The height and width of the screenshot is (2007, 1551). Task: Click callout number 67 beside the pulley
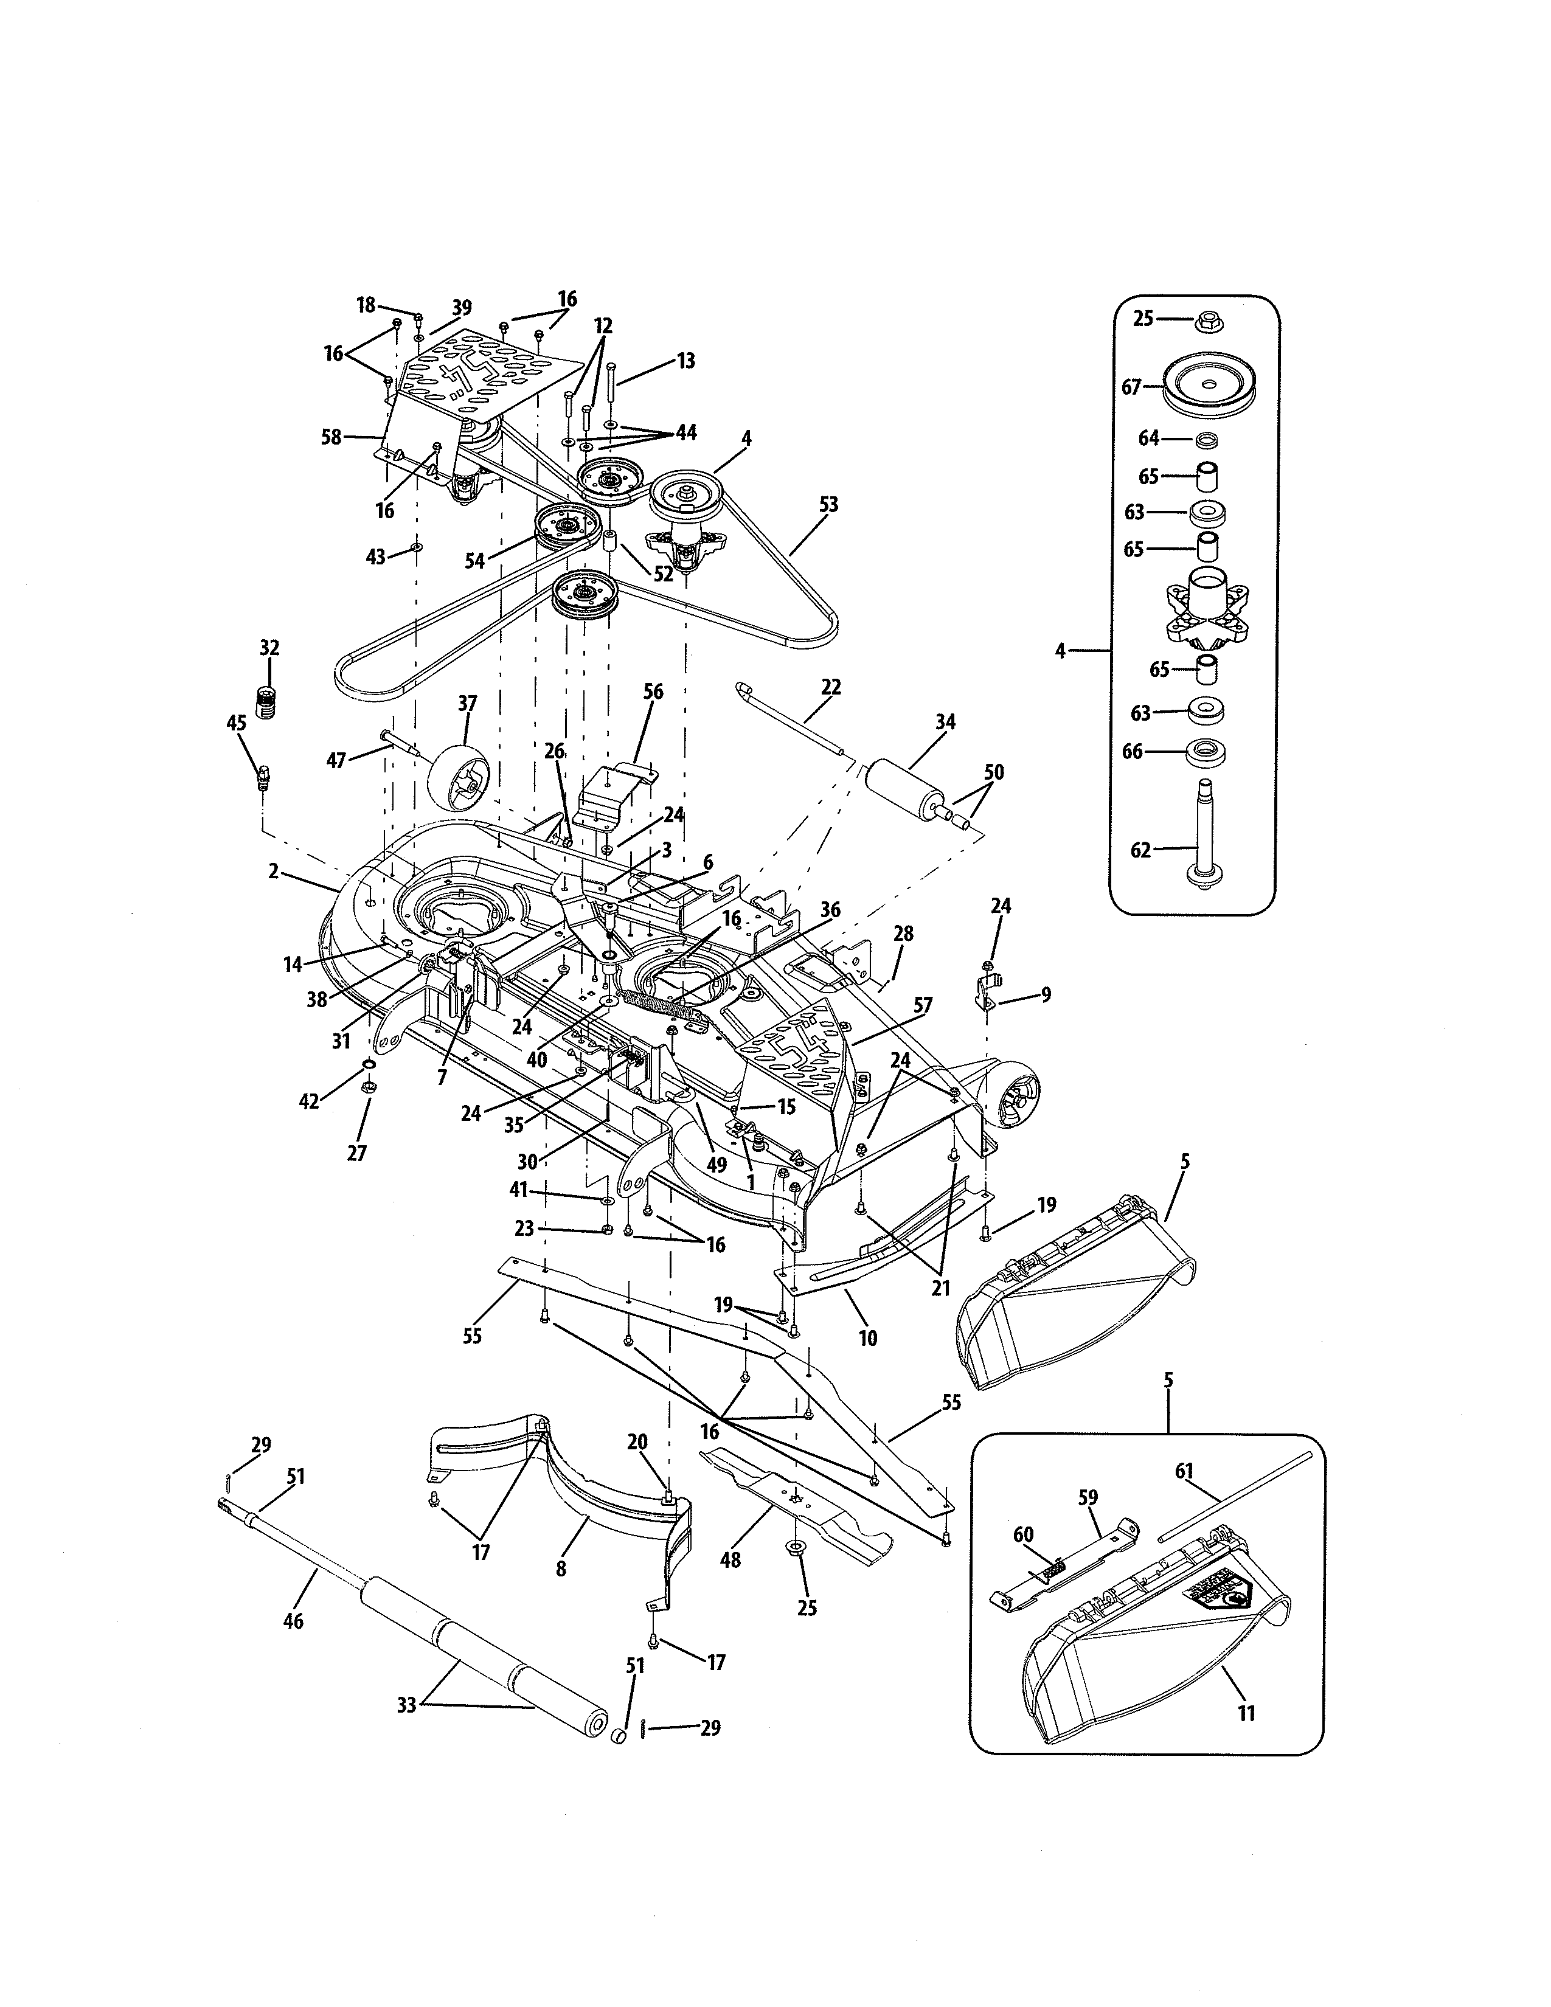coord(1130,387)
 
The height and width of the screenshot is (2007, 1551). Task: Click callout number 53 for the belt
coord(828,505)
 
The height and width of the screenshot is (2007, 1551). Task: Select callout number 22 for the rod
coord(831,687)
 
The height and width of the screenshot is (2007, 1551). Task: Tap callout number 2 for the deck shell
coord(273,871)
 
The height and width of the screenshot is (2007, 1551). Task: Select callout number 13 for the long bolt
coord(685,360)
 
